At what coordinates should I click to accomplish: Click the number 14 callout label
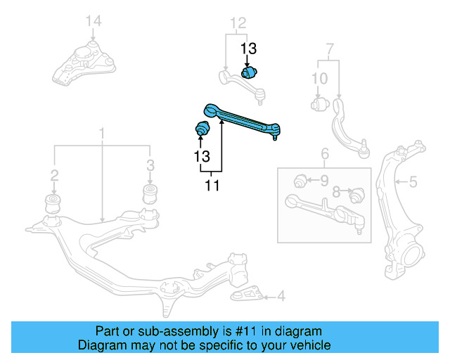[x=94, y=22]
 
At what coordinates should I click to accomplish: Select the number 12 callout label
[x=238, y=23]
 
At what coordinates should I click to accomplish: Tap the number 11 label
[x=212, y=186]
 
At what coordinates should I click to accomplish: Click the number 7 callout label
[x=329, y=49]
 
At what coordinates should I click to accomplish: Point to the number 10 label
[x=319, y=78]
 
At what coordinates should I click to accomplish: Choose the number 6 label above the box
[x=324, y=154]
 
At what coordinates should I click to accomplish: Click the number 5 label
[x=413, y=183]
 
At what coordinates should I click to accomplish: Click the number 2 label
[x=53, y=174]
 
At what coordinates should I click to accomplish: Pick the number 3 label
[x=150, y=166]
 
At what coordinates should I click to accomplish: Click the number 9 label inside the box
[x=324, y=181]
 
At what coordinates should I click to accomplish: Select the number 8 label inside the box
[x=336, y=191]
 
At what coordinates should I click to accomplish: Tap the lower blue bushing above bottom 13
[x=202, y=130]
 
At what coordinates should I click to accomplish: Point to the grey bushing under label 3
[x=150, y=193]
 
